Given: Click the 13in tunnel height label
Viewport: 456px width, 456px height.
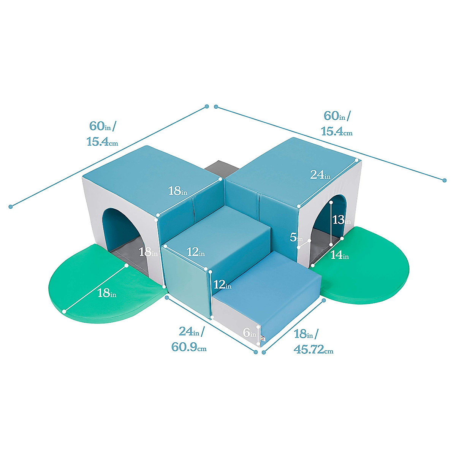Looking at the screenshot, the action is click(x=341, y=220).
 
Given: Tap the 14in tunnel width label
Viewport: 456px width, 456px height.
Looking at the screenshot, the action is click(x=339, y=255).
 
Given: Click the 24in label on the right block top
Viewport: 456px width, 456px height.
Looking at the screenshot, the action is click(x=320, y=175).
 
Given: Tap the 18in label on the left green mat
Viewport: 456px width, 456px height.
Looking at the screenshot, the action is click(x=107, y=293).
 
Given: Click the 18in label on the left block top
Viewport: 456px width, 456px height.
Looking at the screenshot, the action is click(x=178, y=191).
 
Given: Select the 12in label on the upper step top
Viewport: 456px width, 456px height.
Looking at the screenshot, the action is click(x=196, y=252).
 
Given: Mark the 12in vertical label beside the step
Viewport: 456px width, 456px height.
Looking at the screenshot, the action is click(x=222, y=284).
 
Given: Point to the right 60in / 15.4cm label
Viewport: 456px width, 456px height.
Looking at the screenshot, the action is click(x=337, y=123).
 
